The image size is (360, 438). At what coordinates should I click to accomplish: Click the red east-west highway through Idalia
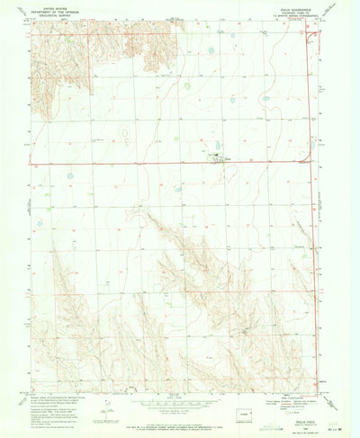(x=135, y=164)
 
